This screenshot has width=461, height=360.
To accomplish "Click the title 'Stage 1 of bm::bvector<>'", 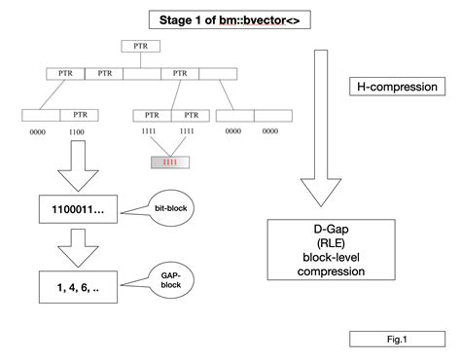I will coord(230,19).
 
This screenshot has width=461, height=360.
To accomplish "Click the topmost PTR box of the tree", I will coord(134,46).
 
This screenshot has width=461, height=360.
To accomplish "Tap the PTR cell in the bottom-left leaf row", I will coord(80,114).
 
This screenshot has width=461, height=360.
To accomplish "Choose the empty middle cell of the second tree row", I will coord(142,73).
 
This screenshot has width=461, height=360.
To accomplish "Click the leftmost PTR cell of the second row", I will coord(65,73).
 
